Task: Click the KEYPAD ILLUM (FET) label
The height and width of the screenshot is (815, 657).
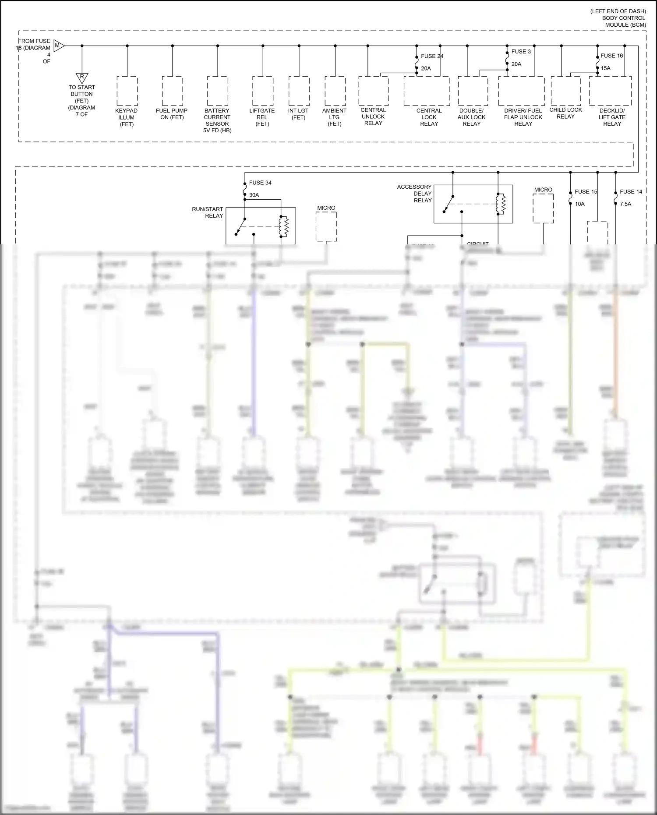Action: pos(127,117)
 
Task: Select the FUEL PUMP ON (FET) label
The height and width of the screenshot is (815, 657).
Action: pos(172,114)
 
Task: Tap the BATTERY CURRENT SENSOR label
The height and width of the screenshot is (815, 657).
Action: pos(217,120)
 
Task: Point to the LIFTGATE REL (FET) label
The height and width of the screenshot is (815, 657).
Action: pos(262,117)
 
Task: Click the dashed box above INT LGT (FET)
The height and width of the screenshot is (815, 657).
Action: pos(299,91)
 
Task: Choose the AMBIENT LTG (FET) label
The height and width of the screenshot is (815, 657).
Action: pos(334,117)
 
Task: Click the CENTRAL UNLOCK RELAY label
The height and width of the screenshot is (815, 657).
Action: pos(373,116)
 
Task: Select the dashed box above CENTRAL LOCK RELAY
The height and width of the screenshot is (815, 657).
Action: pos(427,91)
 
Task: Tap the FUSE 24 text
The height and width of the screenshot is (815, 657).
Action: pos(432,56)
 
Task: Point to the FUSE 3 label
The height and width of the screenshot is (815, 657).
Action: pos(521,51)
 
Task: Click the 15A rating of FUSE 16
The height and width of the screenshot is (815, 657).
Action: pos(605,68)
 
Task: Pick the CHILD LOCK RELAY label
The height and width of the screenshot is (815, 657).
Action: pos(565,113)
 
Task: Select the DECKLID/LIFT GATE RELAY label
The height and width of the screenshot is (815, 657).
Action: pos(612,117)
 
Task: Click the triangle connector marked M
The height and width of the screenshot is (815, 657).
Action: pos(58,46)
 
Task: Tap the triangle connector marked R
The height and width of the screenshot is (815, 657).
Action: pos(82,78)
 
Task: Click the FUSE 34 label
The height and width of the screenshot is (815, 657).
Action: pos(260,183)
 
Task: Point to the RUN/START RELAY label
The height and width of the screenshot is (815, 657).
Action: pos(208,212)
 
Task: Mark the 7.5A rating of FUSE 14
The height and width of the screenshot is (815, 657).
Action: pos(625,204)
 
